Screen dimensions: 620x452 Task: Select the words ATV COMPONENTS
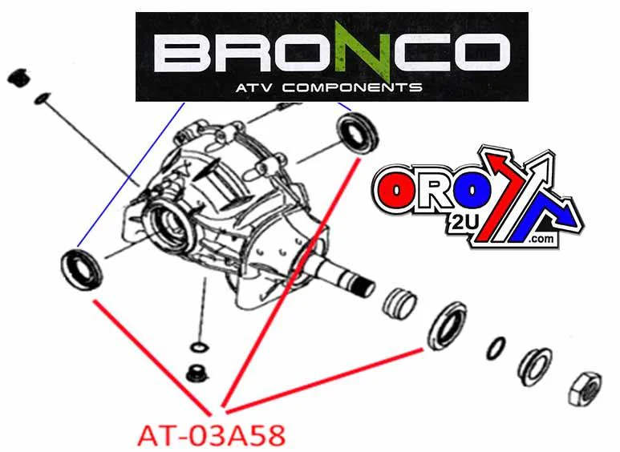(329, 87)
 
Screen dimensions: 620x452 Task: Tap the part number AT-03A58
(211, 436)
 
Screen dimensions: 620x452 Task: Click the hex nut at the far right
(585, 389)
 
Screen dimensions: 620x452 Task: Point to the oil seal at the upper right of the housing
(357, 133)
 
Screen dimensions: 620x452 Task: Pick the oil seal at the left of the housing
(82, 269)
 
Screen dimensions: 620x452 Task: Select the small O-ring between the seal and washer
(496, 348)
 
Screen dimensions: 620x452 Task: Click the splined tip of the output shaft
(364, 286)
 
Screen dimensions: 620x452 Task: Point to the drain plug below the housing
(197, 373)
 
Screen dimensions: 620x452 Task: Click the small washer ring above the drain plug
(199, 347)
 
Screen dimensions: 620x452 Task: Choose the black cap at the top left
(19, 78)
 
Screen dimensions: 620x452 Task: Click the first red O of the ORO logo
(395, 192)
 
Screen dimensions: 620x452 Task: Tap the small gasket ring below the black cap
(42, 99)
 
